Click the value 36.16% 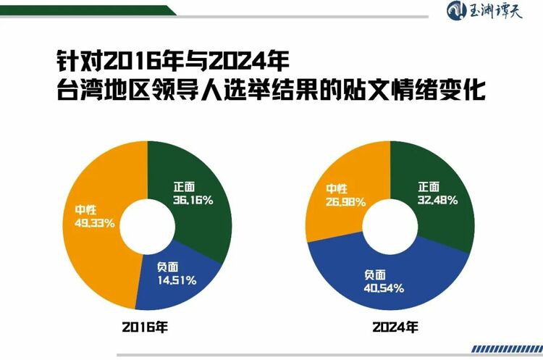193,199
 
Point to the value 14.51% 176,280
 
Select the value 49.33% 94,223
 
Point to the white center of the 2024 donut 390,226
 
